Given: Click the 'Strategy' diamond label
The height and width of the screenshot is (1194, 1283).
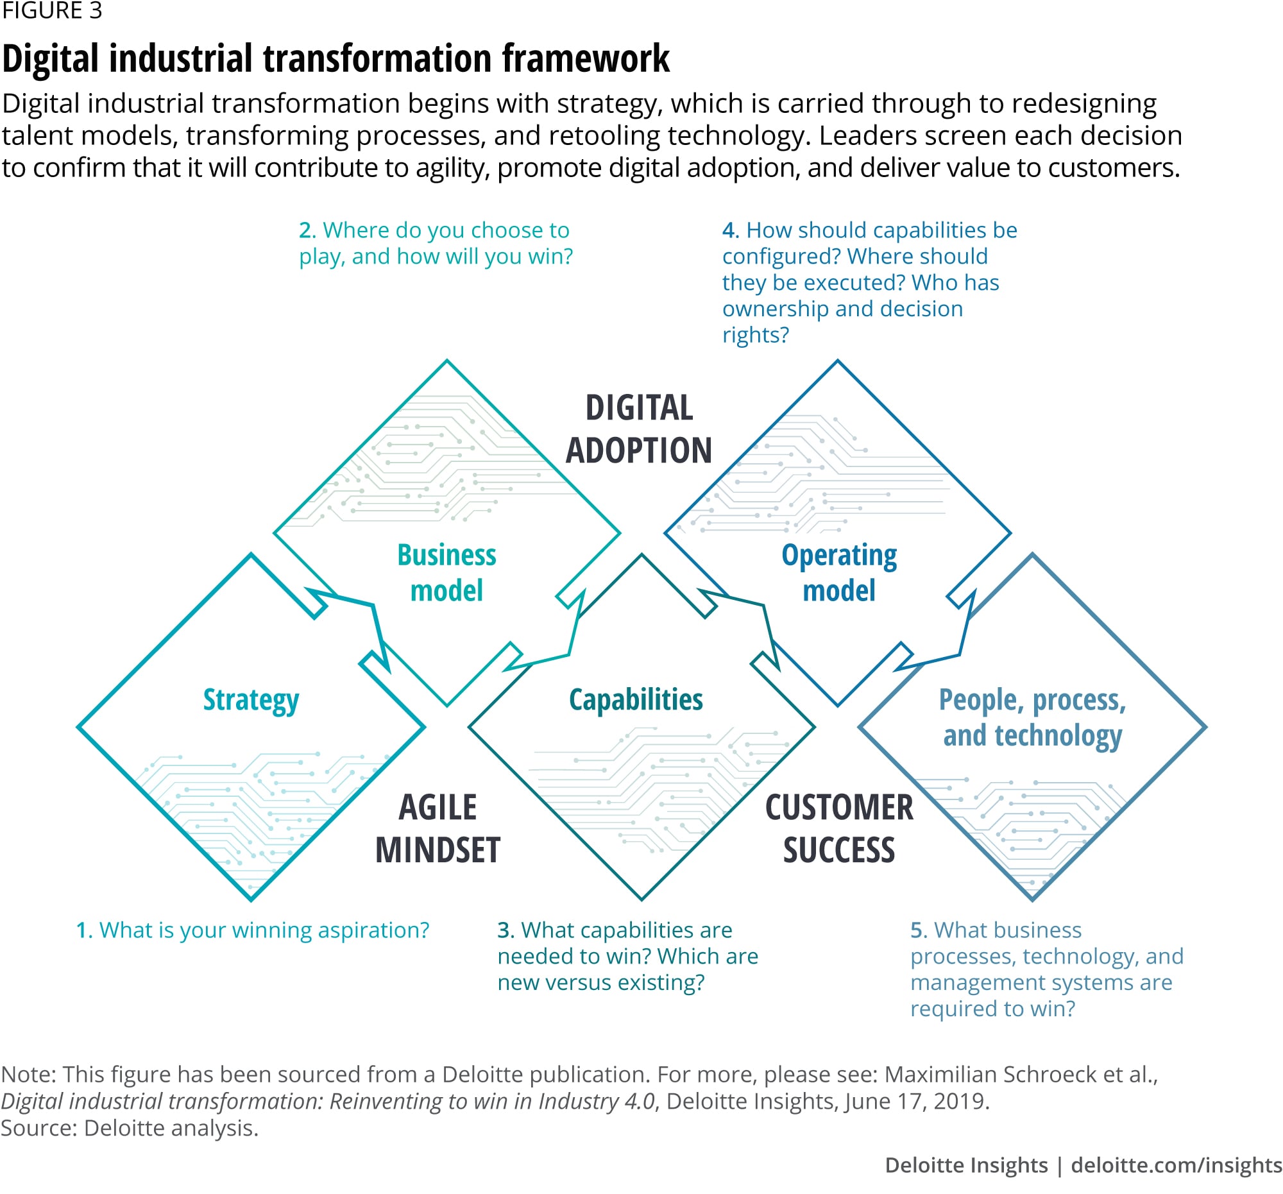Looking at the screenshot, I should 251,700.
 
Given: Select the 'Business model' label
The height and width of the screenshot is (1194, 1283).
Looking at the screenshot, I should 446,573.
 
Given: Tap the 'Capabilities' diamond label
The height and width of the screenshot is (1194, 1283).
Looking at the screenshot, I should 636,699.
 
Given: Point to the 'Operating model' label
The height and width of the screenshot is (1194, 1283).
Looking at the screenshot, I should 839,573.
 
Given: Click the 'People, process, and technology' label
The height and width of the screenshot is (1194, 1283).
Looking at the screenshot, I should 1032,718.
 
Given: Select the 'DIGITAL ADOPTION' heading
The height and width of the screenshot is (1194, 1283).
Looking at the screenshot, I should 639,429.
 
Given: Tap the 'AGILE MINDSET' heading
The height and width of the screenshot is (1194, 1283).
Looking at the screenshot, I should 438,829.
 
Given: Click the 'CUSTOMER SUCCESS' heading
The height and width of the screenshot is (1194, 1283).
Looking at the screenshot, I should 839,829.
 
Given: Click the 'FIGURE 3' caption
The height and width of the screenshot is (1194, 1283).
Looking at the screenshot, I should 51,11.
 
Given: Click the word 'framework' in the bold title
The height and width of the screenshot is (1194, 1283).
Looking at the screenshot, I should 586,59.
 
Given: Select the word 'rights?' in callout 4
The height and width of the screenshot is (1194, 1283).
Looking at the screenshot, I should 756,336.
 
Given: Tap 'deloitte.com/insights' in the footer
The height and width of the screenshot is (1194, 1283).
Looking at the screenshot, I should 1176,1166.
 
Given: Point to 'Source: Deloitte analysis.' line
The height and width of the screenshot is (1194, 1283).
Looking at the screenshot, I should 129,1128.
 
